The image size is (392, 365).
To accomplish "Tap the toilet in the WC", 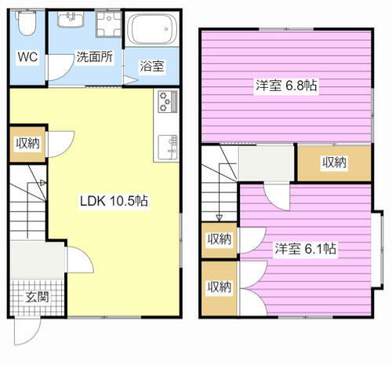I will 27,26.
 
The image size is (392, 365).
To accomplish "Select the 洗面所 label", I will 93,57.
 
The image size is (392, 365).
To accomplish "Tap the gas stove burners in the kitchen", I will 169,101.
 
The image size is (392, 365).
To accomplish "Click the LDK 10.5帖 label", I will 114,200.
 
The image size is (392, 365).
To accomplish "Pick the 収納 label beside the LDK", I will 28,144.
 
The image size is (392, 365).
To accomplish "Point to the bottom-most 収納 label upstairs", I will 219,287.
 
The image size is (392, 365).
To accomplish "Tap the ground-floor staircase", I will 30,208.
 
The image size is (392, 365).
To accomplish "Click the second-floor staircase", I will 218,184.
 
